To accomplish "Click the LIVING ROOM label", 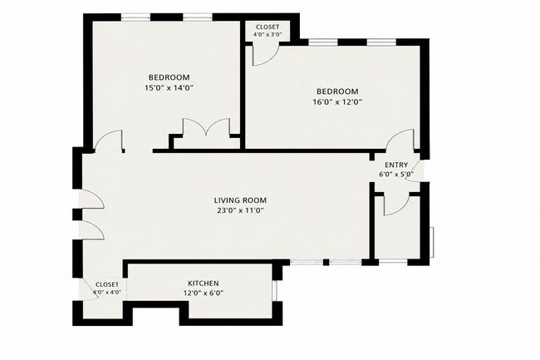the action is pyautogui.click(x=240, y=200).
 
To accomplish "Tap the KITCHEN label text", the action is pyautogui.click(x=204, y=284).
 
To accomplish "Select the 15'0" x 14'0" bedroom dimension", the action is pyautogui.click(x=169, y=88).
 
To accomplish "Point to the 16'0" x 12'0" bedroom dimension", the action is pyautogui.click(x=337, y=102).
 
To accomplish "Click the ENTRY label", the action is pyautogui.click(x=396, y=165).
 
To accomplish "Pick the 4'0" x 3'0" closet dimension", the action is pyautogui.click(x=268, y=34).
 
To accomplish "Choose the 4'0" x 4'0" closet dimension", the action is pyautogui.click(x=107, y=292).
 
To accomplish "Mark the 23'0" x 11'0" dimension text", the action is pyautogui.click(x=241, y=211).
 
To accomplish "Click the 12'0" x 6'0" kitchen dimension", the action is pyautogui.click(x=204, y=293).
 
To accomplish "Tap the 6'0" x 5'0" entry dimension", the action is pyautogui.click(x=396, y=175).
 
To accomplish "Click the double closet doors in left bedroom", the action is pyautogui.click(x=207, y=126).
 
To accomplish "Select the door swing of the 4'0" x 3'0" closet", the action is pyautogui.click(x=264, y=55).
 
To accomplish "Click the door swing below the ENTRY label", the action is pyautogui.click(x=395, y=205).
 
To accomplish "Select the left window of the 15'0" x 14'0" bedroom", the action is pyautogui.click(x=135, y=17).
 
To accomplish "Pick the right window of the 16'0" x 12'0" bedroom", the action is pyautogui.click(x=381, y=42).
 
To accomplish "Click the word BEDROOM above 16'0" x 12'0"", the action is pyautogui.click(x=337, y=91).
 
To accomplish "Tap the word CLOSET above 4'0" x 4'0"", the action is pyautogui.click(x=107, y=284).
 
